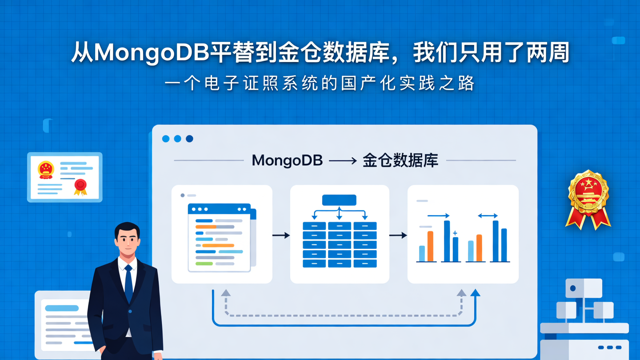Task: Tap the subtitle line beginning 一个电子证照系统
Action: [320, 84]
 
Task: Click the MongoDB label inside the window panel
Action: [287, 160]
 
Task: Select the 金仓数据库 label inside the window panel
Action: [400, 160]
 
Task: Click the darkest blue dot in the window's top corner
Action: [189, 139]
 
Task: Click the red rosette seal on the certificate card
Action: [80, 185]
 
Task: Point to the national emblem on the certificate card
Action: [46, 170]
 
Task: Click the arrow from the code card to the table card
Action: [281, 235]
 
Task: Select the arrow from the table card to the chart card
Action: [398, 235]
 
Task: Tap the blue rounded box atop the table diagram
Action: [339, 200]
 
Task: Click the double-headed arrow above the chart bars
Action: [488, 216]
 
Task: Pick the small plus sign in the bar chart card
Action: [455, 233]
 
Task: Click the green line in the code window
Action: [204, 264]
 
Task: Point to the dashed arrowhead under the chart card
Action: [461, 293]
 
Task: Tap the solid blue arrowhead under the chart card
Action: [475, 292]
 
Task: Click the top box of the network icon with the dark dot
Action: [584, 288]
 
